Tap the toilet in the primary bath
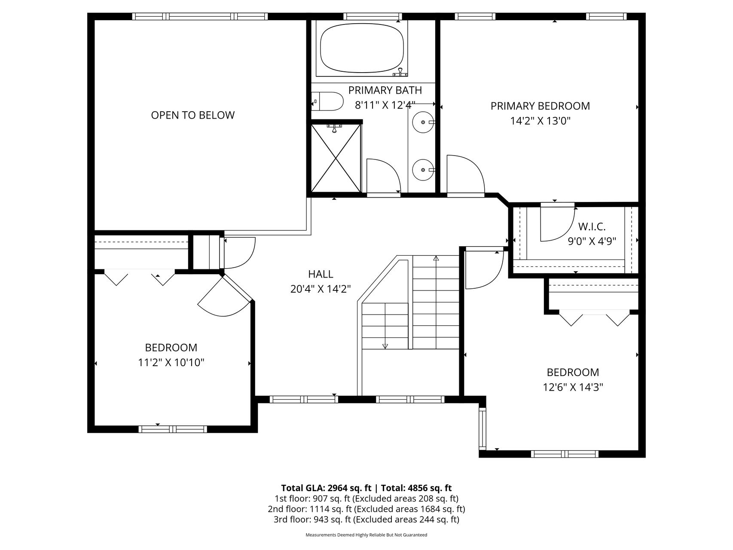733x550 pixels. [x=327, y=101]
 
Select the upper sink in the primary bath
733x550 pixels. [x=424, y=122]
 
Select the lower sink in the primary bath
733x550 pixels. [x=424, y=170]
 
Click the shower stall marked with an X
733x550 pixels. [x=336, y=158]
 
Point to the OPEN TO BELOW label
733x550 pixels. [x=193, y=115]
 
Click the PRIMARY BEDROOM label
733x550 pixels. [x=540, y=106]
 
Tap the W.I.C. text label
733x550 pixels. [x=592, y=226]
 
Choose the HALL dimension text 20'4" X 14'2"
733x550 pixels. [x=321, y=289]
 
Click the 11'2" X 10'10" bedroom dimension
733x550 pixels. [x=171, y=363]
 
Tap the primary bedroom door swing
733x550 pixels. [x=466, y=175]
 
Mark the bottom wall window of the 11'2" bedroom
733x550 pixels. [x=173, y=429]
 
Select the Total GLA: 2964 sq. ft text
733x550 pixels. [x=326, y=488]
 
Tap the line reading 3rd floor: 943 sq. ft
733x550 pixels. [x=366, y=519]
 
